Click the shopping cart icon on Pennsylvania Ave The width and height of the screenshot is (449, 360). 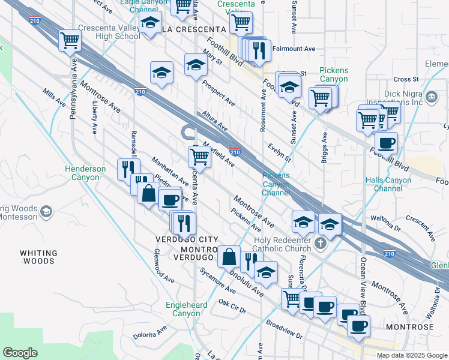(x=70, y=40)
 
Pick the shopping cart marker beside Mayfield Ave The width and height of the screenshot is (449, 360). (x=199, y=157)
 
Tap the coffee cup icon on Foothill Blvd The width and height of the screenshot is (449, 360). (x=386, y=143)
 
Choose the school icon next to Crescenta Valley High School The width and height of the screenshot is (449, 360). (x=149, y=25)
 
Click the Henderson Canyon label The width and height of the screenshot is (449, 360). (x=85, y=173)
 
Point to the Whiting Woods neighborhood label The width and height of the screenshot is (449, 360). (x=38, y=257)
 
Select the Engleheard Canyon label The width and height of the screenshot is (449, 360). (x=187, y=309)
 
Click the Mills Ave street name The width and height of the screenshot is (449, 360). (x=54, y=97)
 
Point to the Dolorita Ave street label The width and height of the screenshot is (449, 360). (x=149, y=332)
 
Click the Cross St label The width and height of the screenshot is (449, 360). (x=406, y=79)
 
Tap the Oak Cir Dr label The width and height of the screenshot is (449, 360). (x=232, y=306)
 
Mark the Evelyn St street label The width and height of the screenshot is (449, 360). (x=280, y=152)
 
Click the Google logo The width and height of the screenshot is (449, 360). (x=20, y=353)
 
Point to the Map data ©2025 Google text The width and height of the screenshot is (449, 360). (x=412, y=355)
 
